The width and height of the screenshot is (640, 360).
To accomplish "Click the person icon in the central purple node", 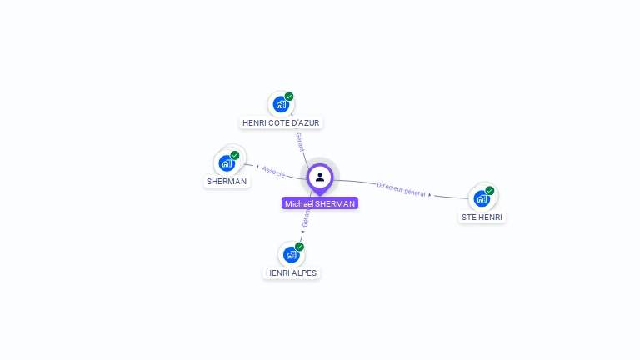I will click(320, 177).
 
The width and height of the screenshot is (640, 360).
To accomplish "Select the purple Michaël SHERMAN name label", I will click(320, 203).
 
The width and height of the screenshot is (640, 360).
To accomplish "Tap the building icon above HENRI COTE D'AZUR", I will click(281, 105).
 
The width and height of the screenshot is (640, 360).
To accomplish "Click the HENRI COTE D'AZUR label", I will click(281, 123).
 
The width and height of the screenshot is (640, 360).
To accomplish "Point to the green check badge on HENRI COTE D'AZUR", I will click(289, 97).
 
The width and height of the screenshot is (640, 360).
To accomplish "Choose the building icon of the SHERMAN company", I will click(227, 163).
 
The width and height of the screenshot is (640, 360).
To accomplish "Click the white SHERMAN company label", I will click(227, 182).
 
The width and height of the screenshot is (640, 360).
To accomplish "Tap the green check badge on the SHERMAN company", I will click(235, 155).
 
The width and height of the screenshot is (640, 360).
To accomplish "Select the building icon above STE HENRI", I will click(482, 198).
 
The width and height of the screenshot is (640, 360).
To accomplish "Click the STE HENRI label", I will click(482, 217).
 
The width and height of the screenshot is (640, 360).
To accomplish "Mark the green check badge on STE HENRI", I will click(490, 190).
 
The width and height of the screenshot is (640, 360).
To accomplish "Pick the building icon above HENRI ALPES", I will click(291, 254).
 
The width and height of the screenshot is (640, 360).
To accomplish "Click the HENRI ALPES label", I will click(292, 272).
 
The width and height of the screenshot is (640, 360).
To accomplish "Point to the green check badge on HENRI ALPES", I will click(299, 247).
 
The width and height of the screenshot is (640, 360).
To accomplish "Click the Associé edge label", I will click(274, 172).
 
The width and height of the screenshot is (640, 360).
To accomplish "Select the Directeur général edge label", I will click(402, 190).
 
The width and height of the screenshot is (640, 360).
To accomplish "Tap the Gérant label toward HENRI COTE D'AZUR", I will click(300, 141).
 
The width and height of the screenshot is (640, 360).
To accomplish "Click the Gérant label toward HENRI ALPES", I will click(306, 219).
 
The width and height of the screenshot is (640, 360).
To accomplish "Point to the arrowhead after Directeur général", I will click(430, 195).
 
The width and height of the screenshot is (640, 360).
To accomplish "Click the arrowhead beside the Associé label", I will click(257, 167).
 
